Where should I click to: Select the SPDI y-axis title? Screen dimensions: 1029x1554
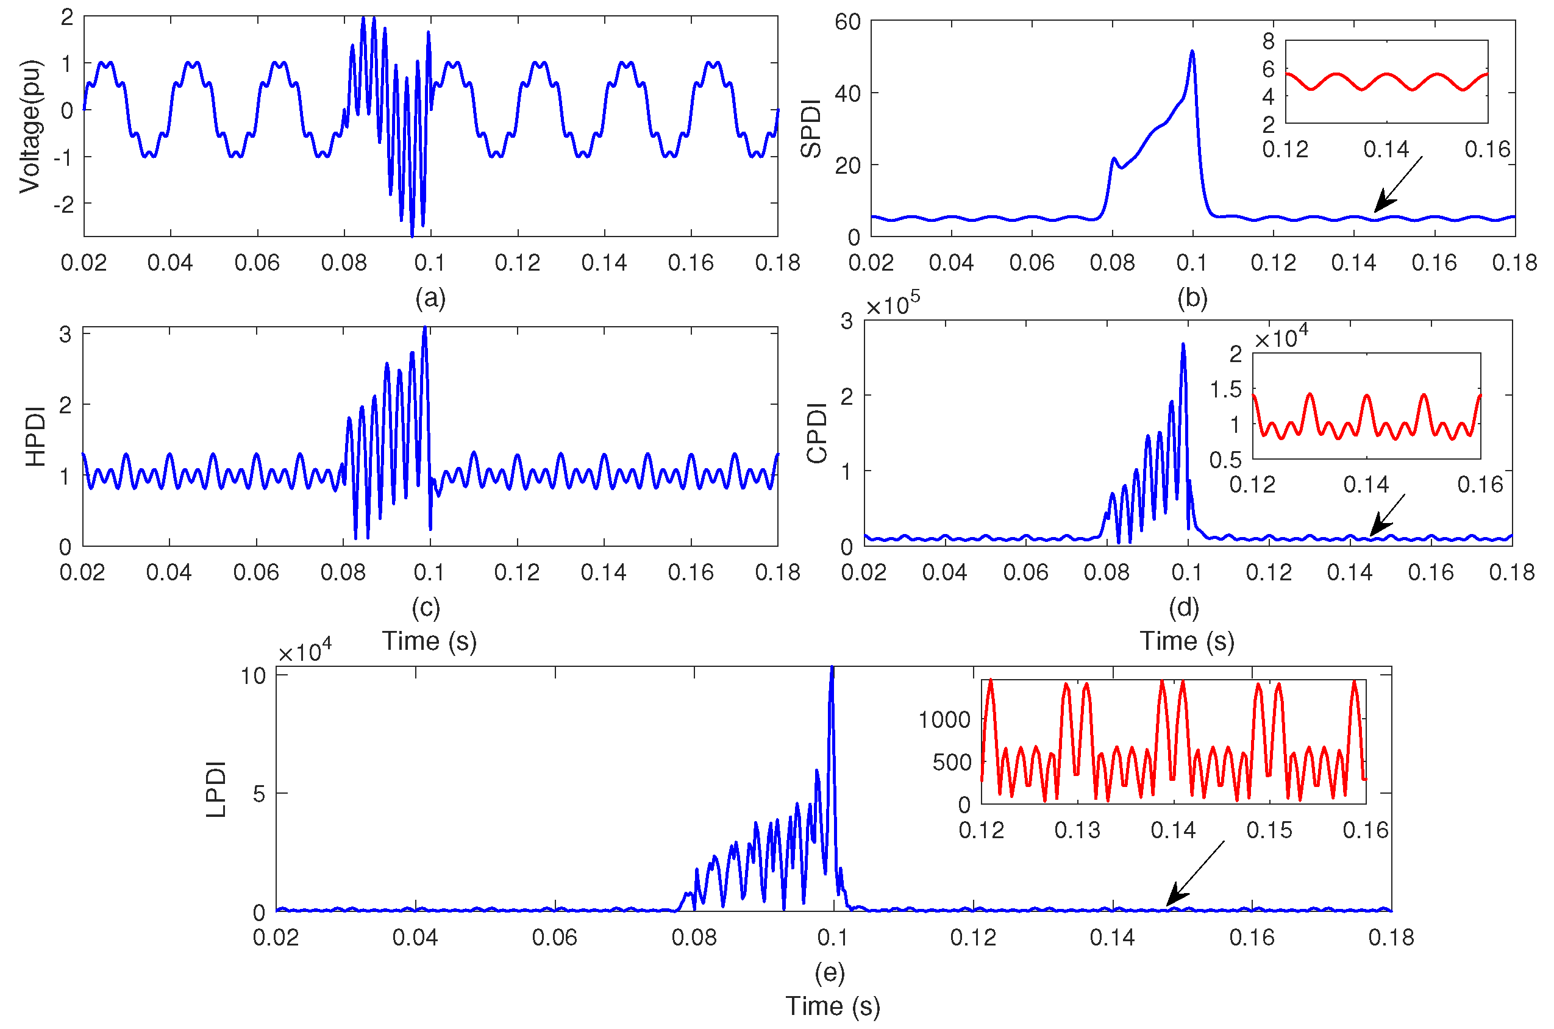click(x=812, y=129)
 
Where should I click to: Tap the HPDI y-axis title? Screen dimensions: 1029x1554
click(x=35, y=436)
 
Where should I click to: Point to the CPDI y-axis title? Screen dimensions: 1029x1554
click(x=818, y=433)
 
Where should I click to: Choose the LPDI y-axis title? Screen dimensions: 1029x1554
click(x=216, y=789)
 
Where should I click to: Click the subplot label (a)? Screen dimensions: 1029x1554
click(x=430, y=299)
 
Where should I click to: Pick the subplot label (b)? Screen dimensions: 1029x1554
click(x=1192, y=299)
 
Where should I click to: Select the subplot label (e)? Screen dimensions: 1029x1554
click(x=830, y=972)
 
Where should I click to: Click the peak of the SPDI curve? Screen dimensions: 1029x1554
click(x=1192, y=51)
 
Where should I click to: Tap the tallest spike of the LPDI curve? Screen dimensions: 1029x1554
click(x=832, y=668)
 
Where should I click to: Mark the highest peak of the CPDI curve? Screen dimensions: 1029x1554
click(x=1183, y=344)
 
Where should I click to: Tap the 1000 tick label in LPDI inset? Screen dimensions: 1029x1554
click(x=944, y=720)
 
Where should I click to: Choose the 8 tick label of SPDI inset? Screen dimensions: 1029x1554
click(x=1269, y=41)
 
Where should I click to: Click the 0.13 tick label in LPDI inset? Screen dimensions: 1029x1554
click(x=1077, y=831)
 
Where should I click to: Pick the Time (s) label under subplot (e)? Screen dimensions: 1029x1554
click(x=833, y=1006)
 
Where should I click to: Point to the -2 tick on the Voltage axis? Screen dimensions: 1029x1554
click(x=63, y=204)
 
